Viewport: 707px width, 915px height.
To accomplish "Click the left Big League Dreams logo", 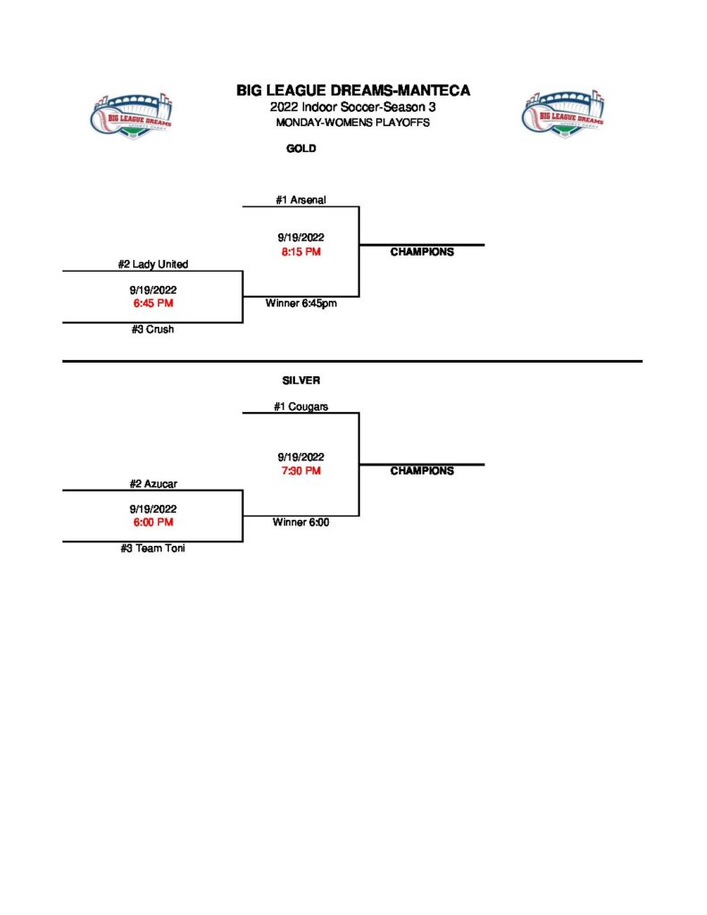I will [x=132, y=113].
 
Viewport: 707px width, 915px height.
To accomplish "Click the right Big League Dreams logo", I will [x=561, y=113].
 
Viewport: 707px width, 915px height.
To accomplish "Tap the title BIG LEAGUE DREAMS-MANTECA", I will [x=353, y=90].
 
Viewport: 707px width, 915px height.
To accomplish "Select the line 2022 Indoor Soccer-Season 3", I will [x=353, y=107].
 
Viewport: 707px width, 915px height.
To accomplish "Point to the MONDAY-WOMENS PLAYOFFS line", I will [x=353, y=122].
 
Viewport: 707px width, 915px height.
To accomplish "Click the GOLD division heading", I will [x=301, y=149].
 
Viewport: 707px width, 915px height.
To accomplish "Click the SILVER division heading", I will [x=301, y=381].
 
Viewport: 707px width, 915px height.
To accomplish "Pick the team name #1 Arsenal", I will [x=300, y=200].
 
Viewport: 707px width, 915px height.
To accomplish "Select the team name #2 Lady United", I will [x=153, y=264].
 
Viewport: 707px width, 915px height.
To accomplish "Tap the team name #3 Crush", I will [x=153, y=330].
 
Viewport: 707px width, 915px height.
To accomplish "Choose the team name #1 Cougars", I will [x=301, y=407].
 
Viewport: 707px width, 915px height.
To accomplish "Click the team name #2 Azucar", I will [x=154, y=483].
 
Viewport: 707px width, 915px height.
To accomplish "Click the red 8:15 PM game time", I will [x=300, y=252].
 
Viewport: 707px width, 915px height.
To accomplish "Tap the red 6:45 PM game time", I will [x=153, y=304].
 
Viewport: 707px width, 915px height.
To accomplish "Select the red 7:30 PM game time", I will [x=300, y=471].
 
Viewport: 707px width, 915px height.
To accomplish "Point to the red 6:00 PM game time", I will [x=153, y=523].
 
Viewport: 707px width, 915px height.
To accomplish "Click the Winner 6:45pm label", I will [x=301, y=304].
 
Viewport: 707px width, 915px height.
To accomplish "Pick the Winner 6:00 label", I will [x=301, y=523].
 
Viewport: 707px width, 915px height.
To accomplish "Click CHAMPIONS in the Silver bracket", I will [x=422, y=471].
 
